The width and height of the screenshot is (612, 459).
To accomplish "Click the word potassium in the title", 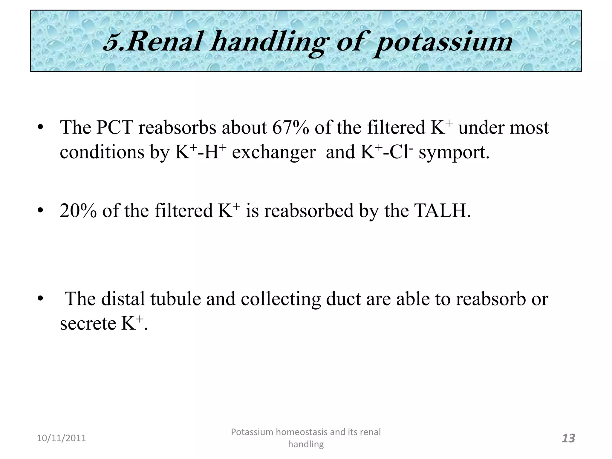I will [x=443, y=42].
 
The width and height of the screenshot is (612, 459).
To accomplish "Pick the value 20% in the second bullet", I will [x=78, y=211].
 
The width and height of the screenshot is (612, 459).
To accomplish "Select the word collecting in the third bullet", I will [x=281, y=299].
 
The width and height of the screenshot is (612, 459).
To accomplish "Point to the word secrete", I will [x=88, y=323].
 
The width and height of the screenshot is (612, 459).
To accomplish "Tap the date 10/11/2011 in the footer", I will [x=61, y=438].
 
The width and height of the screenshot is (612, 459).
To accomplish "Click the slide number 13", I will [x=568, y=438].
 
